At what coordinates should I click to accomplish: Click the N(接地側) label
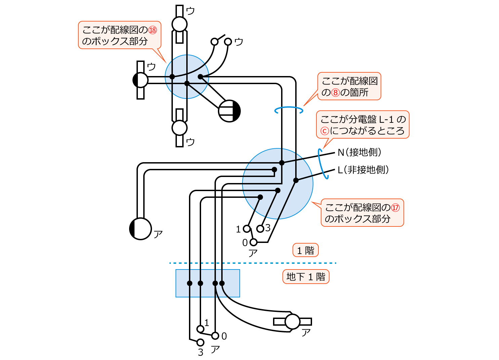pos(359,152)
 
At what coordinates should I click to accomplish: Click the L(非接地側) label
pos(363,170)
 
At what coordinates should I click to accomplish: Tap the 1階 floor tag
pos(305,250)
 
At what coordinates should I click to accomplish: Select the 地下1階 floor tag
pos(306,277)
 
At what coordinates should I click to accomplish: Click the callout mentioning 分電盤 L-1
pos(362,125)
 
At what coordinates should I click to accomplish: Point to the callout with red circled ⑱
pos(119,35)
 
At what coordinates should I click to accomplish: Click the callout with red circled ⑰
pos(362,213)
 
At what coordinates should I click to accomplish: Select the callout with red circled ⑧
pos(349,86)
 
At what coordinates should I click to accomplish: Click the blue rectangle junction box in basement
pos(207,283)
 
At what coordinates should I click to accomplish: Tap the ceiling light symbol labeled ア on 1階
pos(140,229)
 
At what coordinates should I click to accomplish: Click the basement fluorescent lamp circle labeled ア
pos(292,322)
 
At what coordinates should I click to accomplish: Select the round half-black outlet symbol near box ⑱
pos(229,111)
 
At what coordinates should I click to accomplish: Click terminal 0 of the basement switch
pos(215,336)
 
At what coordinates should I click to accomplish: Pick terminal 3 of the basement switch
pos(200,343)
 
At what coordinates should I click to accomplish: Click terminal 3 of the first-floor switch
pos(260,229)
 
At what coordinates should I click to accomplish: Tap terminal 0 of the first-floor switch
pos(253,242)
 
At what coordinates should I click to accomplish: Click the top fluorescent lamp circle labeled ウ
pos(179,24)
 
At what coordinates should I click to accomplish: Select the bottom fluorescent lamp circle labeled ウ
pos(179,128)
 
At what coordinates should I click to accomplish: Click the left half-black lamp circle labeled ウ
pos(140,80)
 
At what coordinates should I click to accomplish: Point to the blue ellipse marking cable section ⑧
pos(289,110)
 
